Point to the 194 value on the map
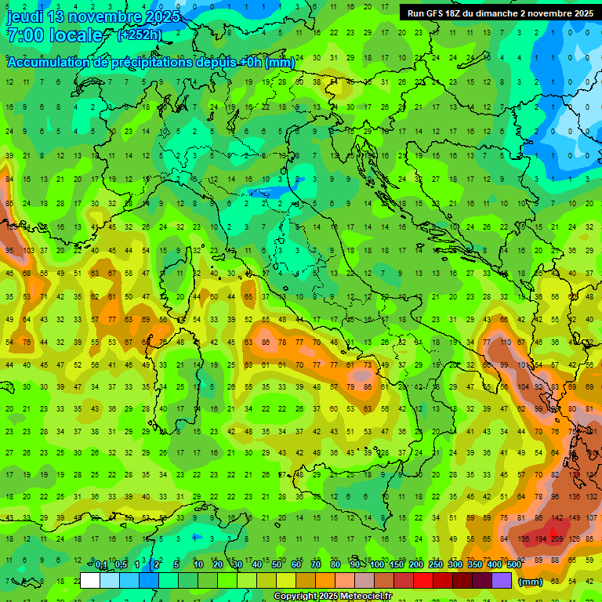pyautogui.click(x=540, y=539)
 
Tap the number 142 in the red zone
pyautogui.click(x=558, y=518)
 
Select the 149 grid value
pyautogui.click(x=575, y=518)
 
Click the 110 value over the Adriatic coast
pyautogui.click(x=506, y=343)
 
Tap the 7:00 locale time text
pyautogui.click(x=55, y=35)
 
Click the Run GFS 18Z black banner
pyautogui.click(x=500, y=13)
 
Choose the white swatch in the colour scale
pyautogui.click(x=90, y=581)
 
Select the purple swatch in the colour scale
pyautogui.click(x=502, y=581)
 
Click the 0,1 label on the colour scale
pyautogui.click(x=101, y=565)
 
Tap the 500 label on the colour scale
pyautogui.click(x=513, y=565)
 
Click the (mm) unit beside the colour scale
pyautogui.click(x=531, y=582)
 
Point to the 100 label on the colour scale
pyautogui.click(x=376, y=565)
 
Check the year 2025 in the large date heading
pyautogui.click(x=154, y=16)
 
